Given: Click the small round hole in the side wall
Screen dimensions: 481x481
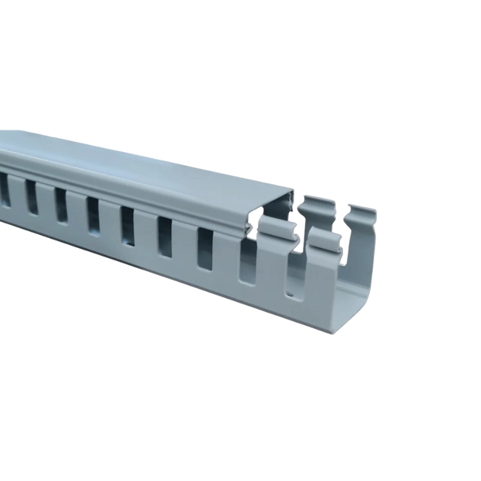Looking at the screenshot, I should tap(290, 295).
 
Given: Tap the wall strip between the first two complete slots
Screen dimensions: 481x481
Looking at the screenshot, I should tap(46, 201).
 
